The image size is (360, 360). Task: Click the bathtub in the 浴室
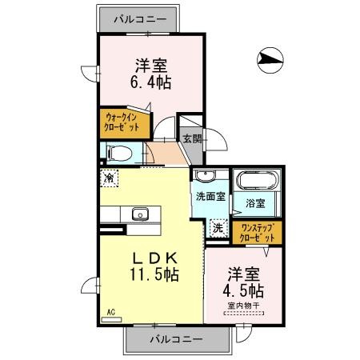(x=255, y=181)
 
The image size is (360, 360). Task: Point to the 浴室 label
(x=255, y=204)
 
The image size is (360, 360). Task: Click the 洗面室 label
(x=208, y=196)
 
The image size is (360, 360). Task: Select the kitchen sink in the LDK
(x=140, y=214)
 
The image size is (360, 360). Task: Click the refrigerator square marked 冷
(x=108, y=178)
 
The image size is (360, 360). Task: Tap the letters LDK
(x=154, y=256)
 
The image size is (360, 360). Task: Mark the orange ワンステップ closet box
(x=258, y=232)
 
